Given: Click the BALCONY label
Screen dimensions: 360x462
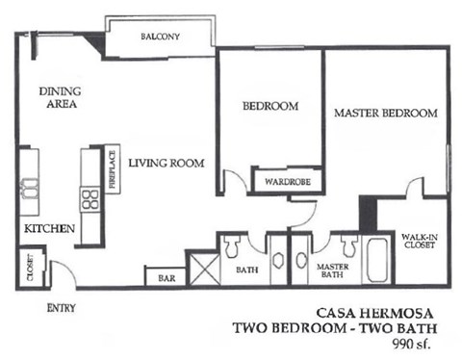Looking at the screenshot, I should tap(160, 38).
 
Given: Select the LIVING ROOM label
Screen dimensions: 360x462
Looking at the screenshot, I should tap(167, 164).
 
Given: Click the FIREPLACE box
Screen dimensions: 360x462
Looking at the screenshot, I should tap(112, 169).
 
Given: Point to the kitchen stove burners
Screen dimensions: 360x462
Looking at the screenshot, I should tap(90, 200).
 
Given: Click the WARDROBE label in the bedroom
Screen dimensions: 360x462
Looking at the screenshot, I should tap(282, 180).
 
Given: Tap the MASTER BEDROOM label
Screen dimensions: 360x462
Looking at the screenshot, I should tap(385, 114).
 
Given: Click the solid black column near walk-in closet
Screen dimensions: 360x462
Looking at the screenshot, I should tap(368, 213).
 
